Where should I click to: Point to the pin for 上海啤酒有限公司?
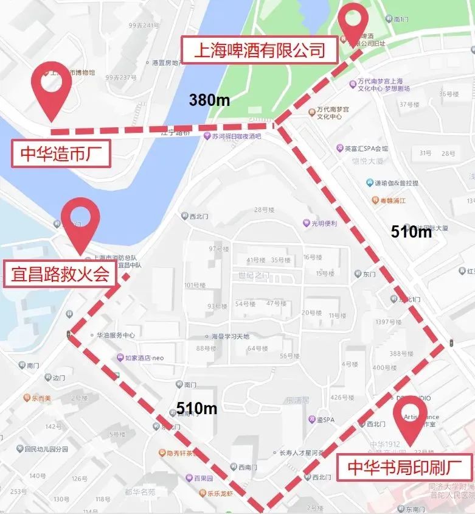tap(353, 24)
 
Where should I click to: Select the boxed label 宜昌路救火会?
tap(60, 275)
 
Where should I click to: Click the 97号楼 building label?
tap(218, 249)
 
